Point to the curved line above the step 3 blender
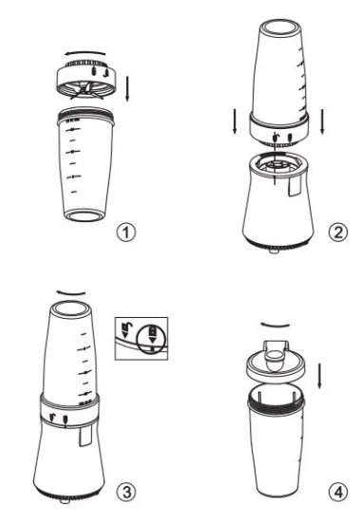click(x=68, y=284)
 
